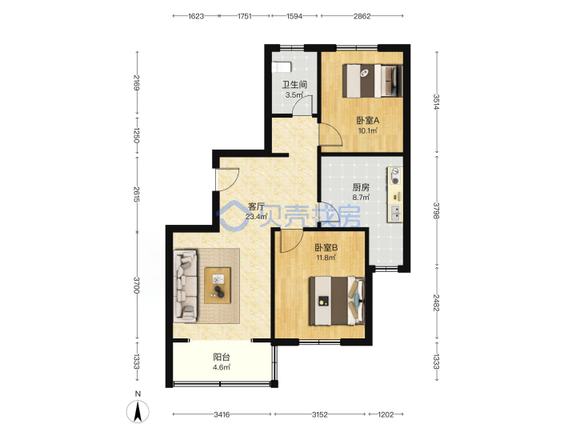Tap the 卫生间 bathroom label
(x=294, y=85)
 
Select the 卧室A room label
(x=368, y=120)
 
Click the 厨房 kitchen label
(x=361, y=187)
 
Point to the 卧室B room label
(x=326, y=247)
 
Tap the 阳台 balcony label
(x=222, y=357)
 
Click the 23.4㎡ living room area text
(x=256, y=216)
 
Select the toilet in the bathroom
(x=282, y=67)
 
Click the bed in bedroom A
(x=373, y=81)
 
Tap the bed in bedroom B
(x=337, y=301)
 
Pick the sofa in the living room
(x=185, y=286)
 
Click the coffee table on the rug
(x=218, y=286)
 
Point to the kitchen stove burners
(x=395, y=176)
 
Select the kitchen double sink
(x=396, y=214)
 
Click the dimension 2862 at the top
(x=362, y=16)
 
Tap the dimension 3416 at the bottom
(x=222, y=414)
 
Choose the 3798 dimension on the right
(x=437, y=211)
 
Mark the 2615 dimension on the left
(x=137, y=194)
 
